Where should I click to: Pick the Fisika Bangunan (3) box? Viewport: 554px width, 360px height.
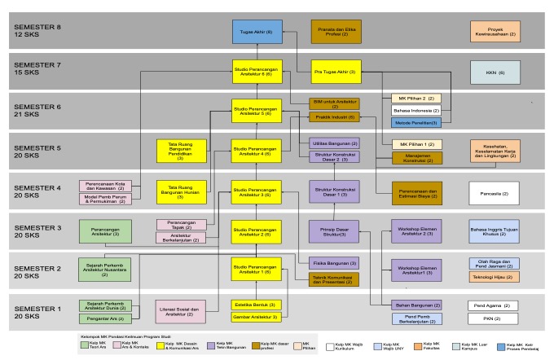[x=333, y=262]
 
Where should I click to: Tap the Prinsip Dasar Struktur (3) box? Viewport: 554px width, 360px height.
[x=333, y=230]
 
